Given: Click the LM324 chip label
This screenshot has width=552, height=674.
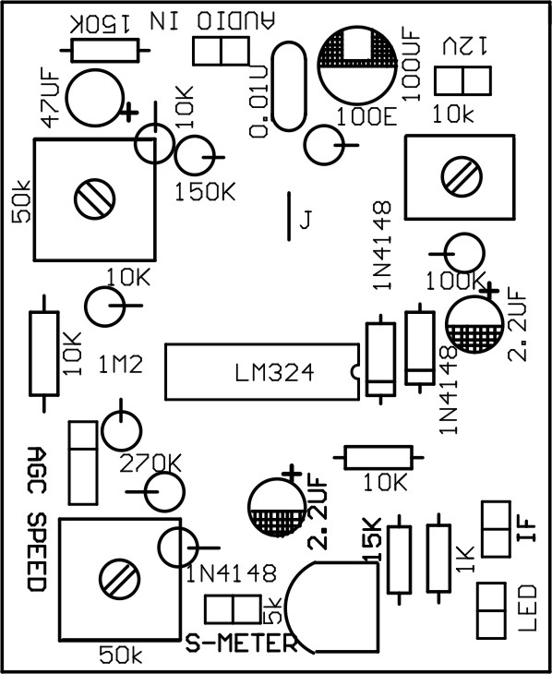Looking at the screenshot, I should (x=273, y=373).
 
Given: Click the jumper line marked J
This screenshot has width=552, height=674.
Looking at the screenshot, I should (x=291, y=215).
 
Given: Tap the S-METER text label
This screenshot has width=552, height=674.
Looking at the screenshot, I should (x=239, y=643).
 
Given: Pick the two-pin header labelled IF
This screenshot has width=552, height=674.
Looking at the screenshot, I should (x=496, y=529).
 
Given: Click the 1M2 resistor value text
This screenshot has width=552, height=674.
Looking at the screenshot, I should (x=120, y=366).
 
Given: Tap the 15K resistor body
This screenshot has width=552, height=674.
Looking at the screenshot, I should (x=400, y=560).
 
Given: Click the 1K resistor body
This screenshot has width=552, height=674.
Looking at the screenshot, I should (x=439, y=559).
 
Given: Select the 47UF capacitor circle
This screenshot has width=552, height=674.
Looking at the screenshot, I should (x=95, y=96).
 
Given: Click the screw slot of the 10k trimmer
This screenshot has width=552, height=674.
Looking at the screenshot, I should (x=459, y=174).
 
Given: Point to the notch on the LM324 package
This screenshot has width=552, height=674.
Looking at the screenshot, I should (x=354, y=373).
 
